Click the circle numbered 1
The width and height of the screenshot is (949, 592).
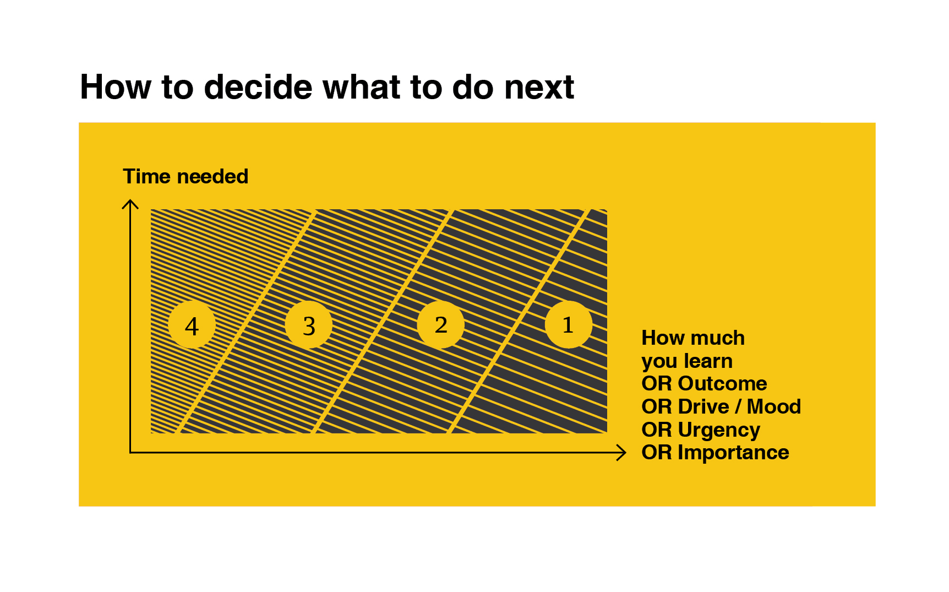[x=569, y=324]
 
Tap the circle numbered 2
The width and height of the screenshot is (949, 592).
[x=440, y=324]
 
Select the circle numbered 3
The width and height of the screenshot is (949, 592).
[x=309, y=325]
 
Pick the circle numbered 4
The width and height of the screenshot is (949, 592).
[x=192, y=325]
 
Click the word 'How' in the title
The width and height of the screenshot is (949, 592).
[x=116, y=87]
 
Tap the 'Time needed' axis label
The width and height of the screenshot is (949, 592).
[x=186, y=176]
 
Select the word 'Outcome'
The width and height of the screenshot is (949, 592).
[x=722, y=383]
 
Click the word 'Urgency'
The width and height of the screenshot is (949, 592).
[x=719, y=430]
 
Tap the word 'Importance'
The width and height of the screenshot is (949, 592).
[x=733, y=453]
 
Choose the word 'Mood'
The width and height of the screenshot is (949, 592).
[x=773, y=406]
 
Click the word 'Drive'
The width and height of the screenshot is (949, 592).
[x=703, y=406]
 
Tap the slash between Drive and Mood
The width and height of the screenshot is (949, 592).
[x=738, y=406]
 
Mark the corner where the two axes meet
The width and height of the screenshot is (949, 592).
[x=130, y=453]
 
